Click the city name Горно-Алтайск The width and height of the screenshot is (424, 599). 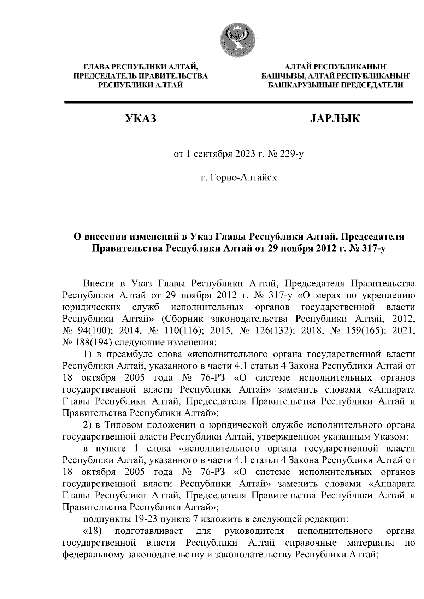pos(238,177)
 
